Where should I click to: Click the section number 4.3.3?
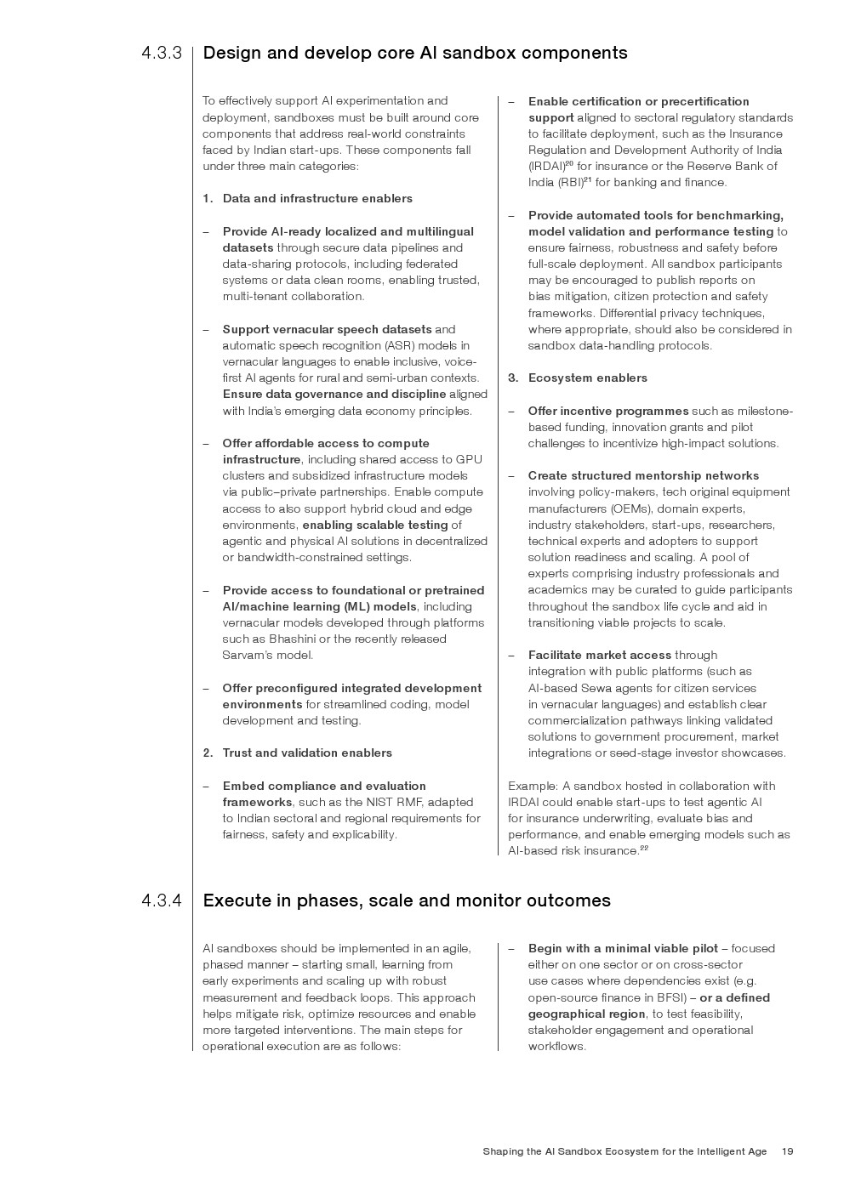(162, 54)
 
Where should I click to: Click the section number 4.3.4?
(162, 900)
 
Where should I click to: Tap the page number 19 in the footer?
(787, 1151)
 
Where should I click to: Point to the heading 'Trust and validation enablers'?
(307, 753)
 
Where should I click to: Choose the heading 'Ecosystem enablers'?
(587, 378)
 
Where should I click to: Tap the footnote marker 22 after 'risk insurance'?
(644, 848)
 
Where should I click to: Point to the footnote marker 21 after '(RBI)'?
(587, 179)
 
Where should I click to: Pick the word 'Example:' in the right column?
(533, 786)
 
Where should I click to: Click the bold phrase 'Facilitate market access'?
(599, 655)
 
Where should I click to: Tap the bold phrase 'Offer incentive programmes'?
(608, 411)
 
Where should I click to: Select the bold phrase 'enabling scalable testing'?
(375, 525)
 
